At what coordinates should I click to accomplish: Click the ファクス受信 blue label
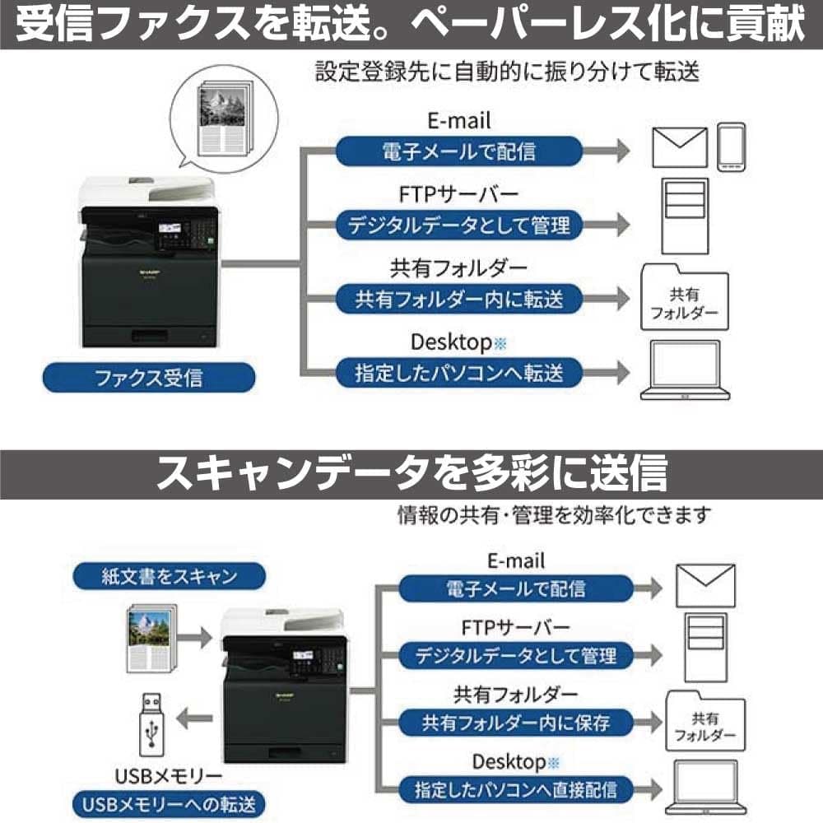[149, 379]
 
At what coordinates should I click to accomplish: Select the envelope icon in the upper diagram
[679, 148]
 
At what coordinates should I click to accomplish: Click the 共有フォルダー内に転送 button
[459, 299]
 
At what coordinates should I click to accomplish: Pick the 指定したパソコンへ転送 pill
[459, 372]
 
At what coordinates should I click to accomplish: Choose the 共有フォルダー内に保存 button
[516, 723]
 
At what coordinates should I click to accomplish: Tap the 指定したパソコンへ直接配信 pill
[516, 788]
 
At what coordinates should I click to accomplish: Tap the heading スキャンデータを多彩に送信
[411, 472]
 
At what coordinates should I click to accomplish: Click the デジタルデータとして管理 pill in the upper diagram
[459, 225]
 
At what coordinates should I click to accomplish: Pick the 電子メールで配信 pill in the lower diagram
[516, 588]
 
